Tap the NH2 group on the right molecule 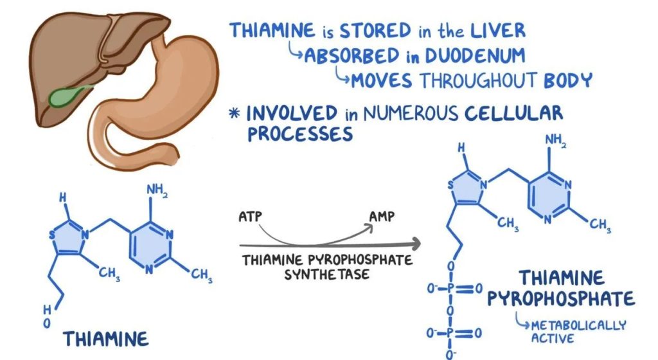tap(556, 140)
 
